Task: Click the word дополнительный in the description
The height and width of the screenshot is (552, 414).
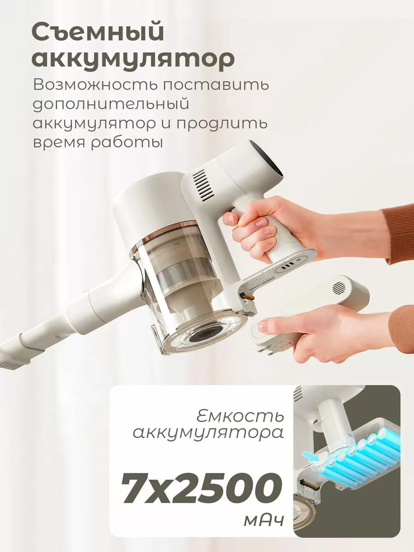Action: click(x=111, y=104)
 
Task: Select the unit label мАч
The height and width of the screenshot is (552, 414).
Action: click(x=264, y=521)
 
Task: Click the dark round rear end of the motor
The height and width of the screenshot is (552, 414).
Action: click(x=271, y=163)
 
